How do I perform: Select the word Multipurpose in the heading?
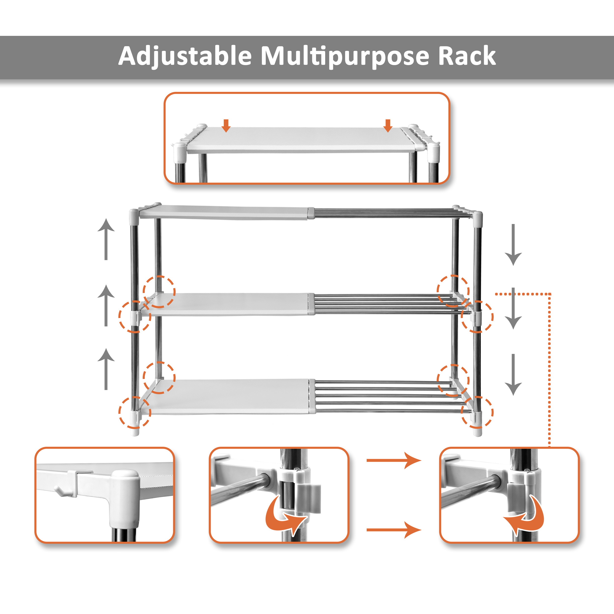pos(345,56)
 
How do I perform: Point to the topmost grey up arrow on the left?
pos(106,239)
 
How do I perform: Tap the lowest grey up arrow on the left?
pos(106,369)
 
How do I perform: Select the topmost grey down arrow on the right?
pos(513,245)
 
